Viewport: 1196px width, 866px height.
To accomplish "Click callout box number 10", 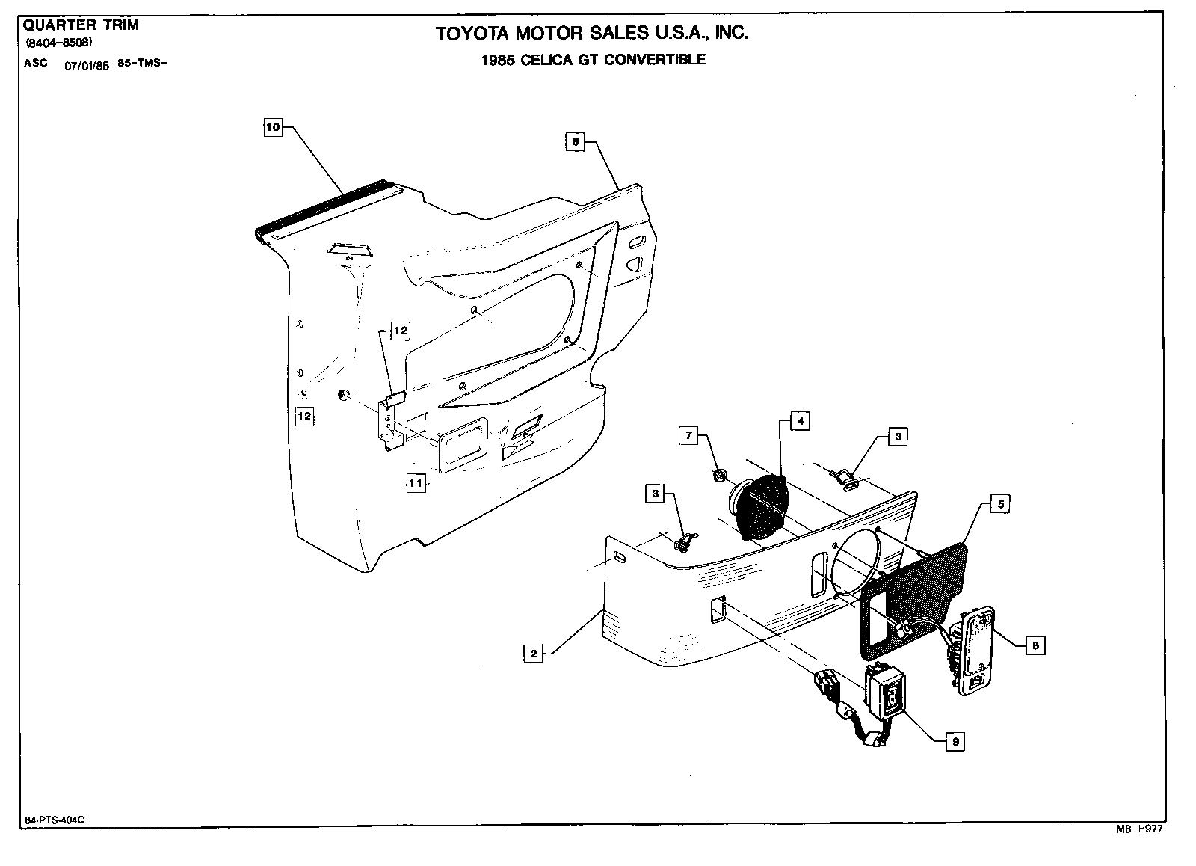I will (273, 128).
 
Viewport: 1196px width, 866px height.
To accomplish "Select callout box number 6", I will (575, 142).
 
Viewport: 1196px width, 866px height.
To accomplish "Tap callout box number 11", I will (416, 483).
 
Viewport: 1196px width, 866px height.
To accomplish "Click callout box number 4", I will (800, 421).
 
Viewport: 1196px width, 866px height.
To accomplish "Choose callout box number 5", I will (1000, 505).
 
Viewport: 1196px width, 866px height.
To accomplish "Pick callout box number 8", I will (1035, 645).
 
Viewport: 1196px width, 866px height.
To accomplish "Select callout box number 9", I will (955, 741).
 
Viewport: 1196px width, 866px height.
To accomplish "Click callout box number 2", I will (534, 654).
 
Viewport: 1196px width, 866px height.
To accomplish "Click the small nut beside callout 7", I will (720, 476).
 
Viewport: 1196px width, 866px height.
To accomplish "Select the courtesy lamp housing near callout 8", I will (977, 649).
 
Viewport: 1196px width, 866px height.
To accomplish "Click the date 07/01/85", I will (87, 65).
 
